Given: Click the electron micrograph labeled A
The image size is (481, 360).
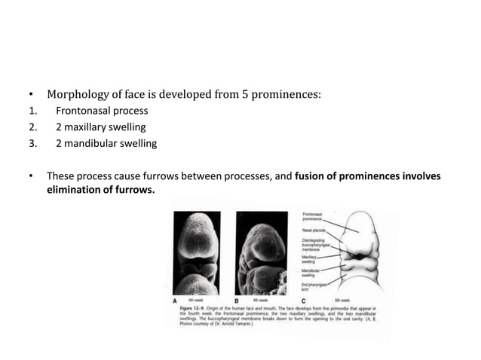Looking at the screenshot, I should pyautogui.click(x=198, y=252).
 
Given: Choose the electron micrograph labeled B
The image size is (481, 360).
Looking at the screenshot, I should pyautogui.click(x=262, y=252).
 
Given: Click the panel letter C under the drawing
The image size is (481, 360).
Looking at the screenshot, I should pyautogui.click(x=303, y=300).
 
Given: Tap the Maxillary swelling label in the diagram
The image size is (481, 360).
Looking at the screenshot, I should pyautogui.click(x=313, y=260).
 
